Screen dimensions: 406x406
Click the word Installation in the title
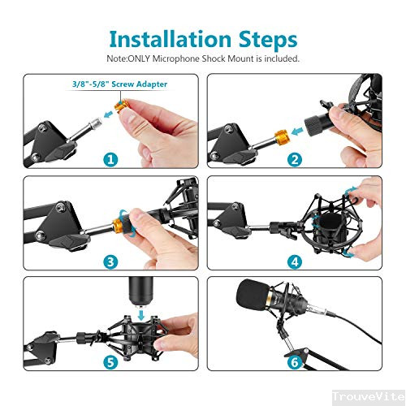(170, 40)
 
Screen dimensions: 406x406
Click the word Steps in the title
(268, 41)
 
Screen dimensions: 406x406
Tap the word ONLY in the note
(139, 58)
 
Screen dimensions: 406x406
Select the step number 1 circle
(110, 159)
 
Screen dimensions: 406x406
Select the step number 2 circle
(295, 159)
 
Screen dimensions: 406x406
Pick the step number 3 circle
(110, 261)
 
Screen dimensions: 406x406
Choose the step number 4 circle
(295, 261)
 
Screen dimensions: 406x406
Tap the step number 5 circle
(110, 362)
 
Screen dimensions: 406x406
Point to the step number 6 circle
(295, 362)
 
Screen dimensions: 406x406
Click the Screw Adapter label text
(140, 84)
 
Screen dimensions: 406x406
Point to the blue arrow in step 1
(109, 114)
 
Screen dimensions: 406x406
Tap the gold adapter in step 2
(283, 137)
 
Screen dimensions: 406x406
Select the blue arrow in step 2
(297, 132)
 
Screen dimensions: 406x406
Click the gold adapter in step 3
(119, 224)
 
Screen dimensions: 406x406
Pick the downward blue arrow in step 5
(141, 314)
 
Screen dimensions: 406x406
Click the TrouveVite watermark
(369, 397)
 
